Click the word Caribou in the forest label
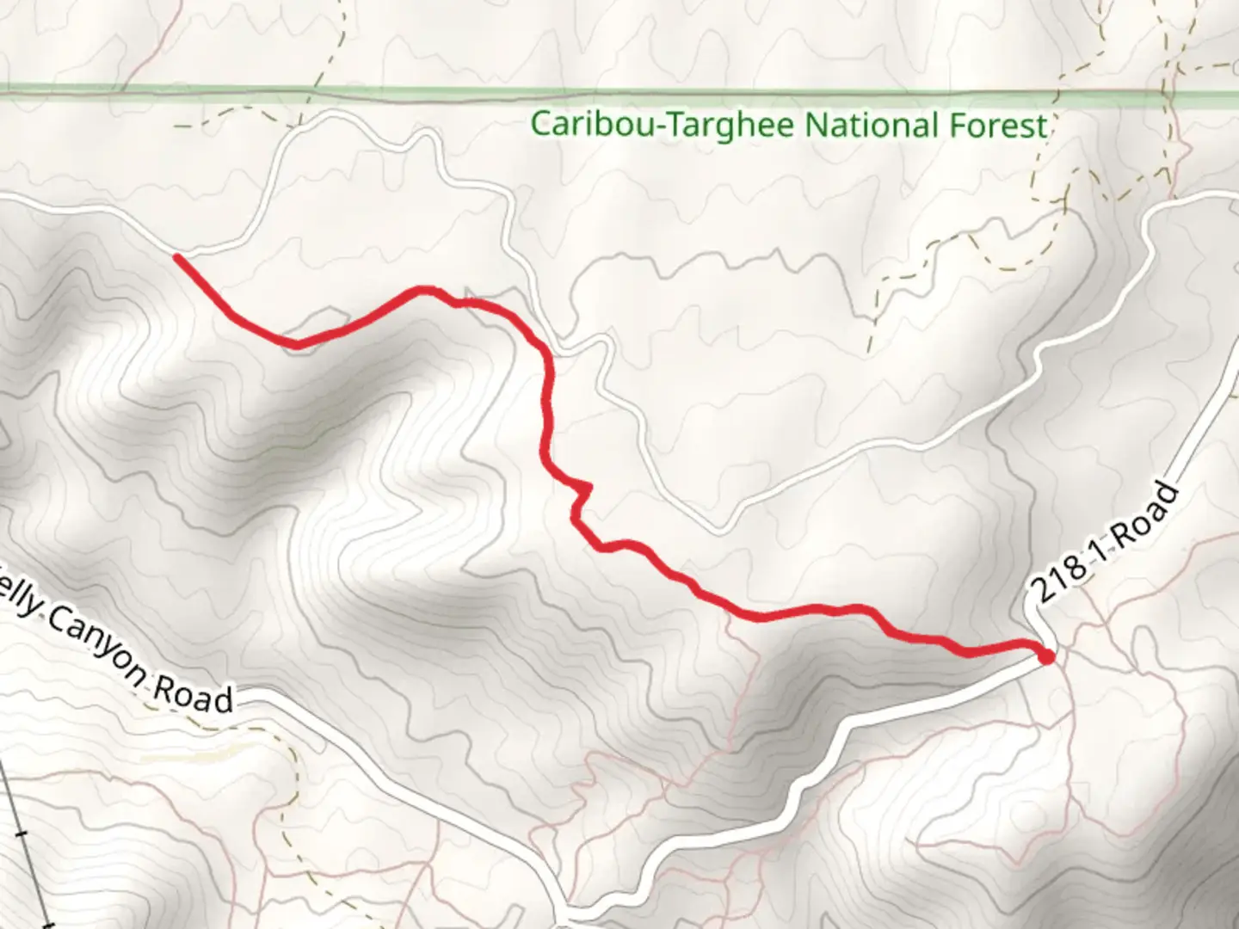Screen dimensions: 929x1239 pos(577,125)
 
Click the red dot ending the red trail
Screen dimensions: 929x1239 pos(1046,658)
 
